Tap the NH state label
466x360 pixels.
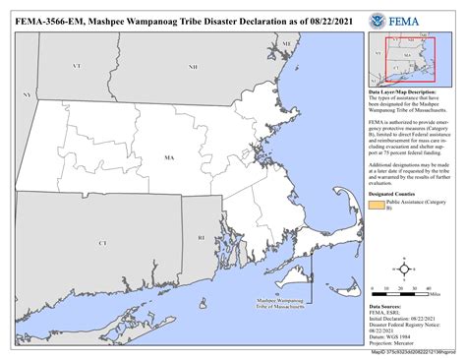coord(193,66)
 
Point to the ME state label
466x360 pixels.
coord(286,45)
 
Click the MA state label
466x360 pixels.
coord(169,156)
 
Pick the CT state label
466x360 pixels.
coord(102,241)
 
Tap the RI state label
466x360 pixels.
coord(201,237)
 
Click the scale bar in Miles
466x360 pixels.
coord(402,289)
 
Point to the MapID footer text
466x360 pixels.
coord(414,351)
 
